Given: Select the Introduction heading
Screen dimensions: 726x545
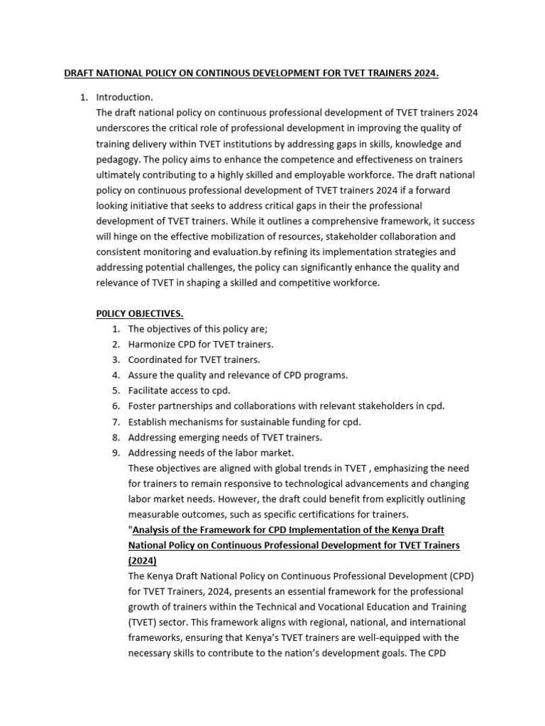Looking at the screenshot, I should (124, 97).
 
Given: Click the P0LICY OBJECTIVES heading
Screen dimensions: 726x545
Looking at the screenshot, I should (140, 313).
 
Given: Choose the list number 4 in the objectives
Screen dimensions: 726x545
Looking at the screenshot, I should (116, 375).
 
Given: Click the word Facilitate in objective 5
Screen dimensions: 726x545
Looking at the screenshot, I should (150, 391).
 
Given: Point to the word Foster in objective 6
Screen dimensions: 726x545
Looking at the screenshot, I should (143, 406).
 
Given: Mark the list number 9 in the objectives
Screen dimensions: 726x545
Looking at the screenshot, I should (116, 452).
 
